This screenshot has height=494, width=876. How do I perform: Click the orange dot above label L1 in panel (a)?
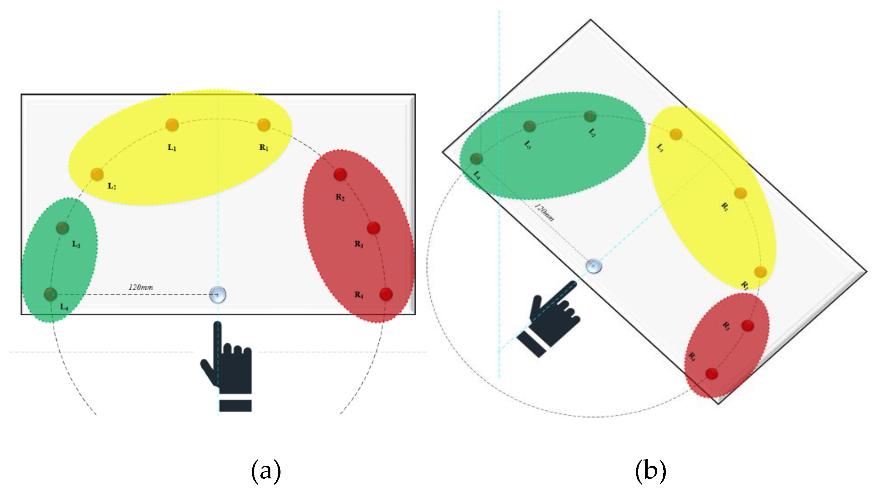(x=172, y=125)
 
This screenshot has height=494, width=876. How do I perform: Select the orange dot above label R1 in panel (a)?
(x=264, y=125)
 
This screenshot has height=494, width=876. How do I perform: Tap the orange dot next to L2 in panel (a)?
(x=97, y=174)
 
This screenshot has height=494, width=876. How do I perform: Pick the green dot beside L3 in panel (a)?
(x=62, y=228)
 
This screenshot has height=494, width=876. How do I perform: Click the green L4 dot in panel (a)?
(x=50, y=294)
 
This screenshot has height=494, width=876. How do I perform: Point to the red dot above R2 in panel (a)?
(x=340, y=174)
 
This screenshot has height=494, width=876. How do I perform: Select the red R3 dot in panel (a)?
(x=373, y=228)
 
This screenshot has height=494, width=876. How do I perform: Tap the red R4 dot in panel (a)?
(x=386, y=294)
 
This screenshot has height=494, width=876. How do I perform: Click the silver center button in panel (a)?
(x=218, y=294)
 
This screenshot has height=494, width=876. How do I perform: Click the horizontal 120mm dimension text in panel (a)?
(x=141, y=287)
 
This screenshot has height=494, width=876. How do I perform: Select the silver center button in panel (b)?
(x=594, y=266)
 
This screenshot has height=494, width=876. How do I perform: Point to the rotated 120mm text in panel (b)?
(x=544, y=213)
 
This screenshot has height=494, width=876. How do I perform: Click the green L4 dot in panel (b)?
(x=476, y=158)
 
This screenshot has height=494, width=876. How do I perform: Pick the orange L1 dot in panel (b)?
(x=676, y=134)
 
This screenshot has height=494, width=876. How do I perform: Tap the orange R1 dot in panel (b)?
(x=740, y=193)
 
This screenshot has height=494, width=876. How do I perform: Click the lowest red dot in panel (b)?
(x=712, y=374)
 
